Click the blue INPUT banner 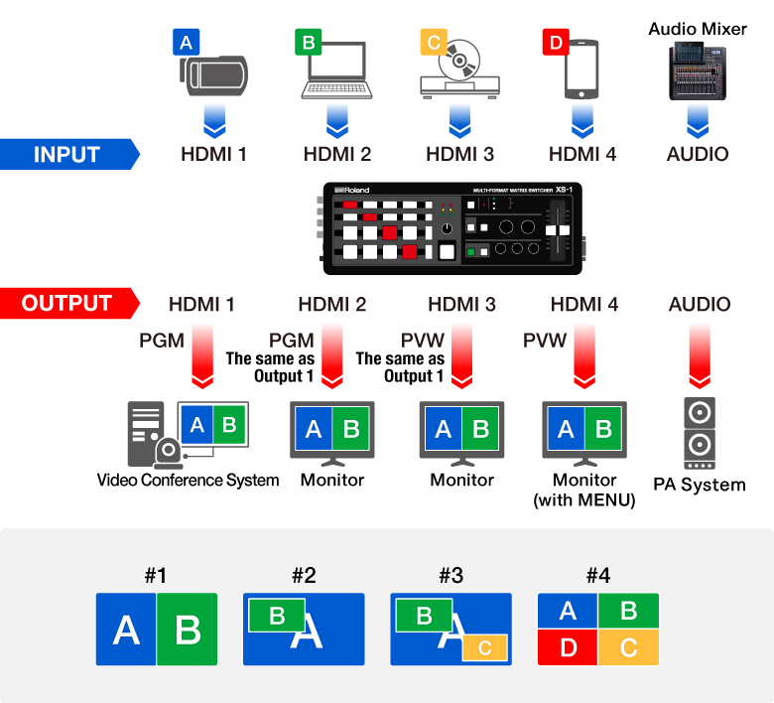(67, 154)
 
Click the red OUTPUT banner (67, 303)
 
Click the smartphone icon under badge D (582, 70)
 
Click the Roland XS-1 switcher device (453, 228)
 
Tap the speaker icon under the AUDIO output (700, 433)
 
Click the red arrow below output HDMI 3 (461, 352)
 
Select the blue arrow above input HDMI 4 (582, 117)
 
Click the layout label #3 (451, 575)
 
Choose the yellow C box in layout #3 (484, 647)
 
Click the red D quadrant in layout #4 (567, 647)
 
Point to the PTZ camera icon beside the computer (170, 455)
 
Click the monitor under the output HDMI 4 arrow (583, 430)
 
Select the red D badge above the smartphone (554, 42)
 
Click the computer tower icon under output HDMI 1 (144, 432)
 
